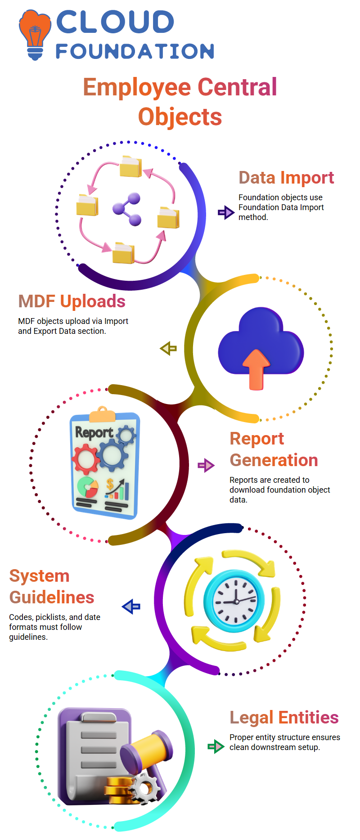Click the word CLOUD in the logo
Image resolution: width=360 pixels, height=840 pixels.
point(115,22)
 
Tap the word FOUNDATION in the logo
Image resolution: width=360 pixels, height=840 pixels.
point(135,51)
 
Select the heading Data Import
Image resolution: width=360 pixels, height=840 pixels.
point(286,178)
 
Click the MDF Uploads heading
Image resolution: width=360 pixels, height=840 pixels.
point(72,301)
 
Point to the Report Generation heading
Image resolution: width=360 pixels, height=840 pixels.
point(274,449)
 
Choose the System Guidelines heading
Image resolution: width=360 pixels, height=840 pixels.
point(52,587)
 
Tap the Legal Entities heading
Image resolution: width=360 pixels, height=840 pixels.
point(284,717)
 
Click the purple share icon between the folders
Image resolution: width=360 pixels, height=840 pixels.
point(127,209)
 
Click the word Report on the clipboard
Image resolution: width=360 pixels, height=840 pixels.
point(94,432)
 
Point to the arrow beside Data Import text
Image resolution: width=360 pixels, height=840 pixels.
point(225,212)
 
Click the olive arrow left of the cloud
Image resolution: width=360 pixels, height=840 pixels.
point(168,348)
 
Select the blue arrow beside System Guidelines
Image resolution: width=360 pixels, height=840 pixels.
point(131,606)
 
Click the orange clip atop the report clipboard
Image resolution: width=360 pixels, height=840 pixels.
point(102,414)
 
